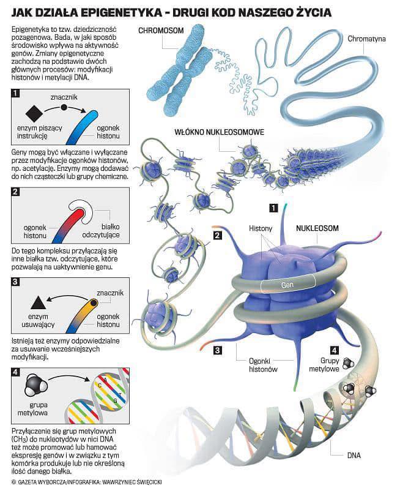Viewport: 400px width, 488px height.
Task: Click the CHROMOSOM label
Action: click(161, 31)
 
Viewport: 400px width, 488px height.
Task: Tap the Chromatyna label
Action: click(366, 39)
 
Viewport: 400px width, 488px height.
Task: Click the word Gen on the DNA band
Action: click(287, 285)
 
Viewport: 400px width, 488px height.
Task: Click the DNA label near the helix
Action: click(354, 455)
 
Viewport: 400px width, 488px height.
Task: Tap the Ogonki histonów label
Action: click(264, 366)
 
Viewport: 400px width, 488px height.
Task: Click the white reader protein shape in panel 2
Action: click(81, 210)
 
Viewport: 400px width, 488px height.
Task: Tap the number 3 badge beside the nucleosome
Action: click(217, 350)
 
